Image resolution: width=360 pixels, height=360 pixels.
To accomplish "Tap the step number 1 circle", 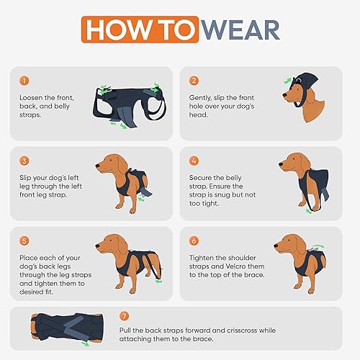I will point(24,81).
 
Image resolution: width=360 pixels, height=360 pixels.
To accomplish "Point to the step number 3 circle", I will point(24,160).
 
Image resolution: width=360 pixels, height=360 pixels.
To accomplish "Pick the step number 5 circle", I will point(24,240).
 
